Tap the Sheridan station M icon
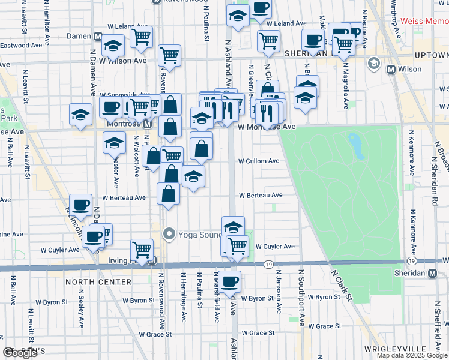point(433,274)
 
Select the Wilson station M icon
point(391,69)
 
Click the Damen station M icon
point(97,36)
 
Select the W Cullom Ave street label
point(259,161)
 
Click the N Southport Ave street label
point(301,297)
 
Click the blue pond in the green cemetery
point(357,146)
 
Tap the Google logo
point(20,353)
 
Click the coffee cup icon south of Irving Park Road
point(229,280)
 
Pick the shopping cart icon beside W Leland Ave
point(141,36)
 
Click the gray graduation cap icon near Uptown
point(373,62)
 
